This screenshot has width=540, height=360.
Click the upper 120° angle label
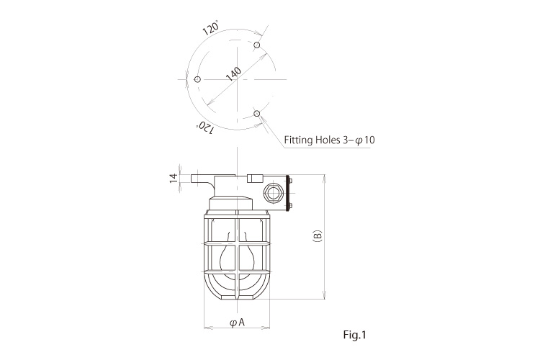pyautogui.click(x=210, y=28)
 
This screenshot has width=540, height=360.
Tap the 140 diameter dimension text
pyautogui.click(x=233, y=73)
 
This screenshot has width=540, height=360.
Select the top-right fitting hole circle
pyautogui.click(x=257, y=45)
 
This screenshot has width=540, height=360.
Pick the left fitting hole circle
pyautogui.click(x=197, y=79)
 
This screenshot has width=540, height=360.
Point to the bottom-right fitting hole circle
pyautogui.click(x=256, y=113)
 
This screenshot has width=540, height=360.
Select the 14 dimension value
pyautogui.click(x=174, y=178)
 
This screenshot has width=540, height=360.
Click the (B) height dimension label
pyautogui.click(x=318, y=236)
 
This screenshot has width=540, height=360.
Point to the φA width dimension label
pyautogui.click(x=238, y=323)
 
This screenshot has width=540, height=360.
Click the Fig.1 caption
pyautogui.click(x=355, y=335)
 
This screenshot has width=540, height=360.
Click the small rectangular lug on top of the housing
pyautogui.click(x=255, y=178)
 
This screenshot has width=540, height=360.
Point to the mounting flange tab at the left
pyautogui.click(x=202, y=179)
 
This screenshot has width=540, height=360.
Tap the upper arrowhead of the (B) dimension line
pyautogui.click(x=325, y=178)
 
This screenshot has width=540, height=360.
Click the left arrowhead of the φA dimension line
pyautogui.click(x=207, y=328)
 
